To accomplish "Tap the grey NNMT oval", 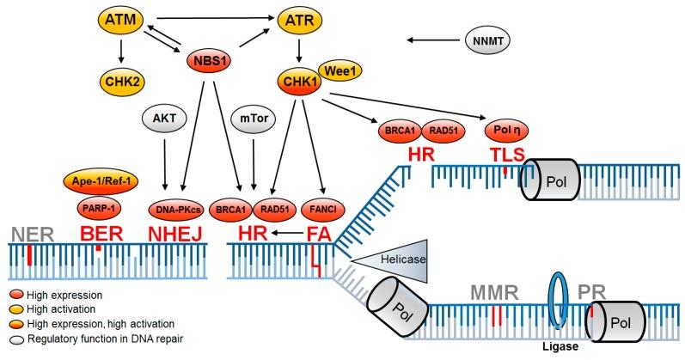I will tap(486, 38).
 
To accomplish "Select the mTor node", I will tap(253, 121).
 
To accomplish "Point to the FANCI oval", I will tap(321, 208).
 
